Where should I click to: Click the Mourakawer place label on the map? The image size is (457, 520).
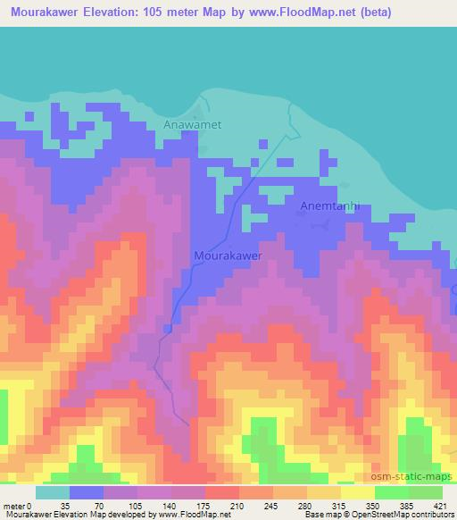228,256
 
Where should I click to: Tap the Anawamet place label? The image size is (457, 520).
192,126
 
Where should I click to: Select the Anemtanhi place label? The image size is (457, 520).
329,205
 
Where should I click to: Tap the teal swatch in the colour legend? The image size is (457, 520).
53,492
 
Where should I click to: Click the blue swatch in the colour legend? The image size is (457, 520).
87,492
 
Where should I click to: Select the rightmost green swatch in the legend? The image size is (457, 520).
426,492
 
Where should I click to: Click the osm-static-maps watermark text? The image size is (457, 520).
411,475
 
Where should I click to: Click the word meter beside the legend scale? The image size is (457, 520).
12,505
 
